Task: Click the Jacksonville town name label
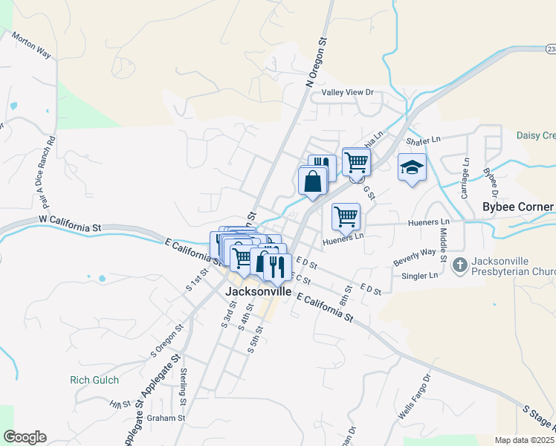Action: coord(258,293)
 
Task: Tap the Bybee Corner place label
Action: coord(517,207)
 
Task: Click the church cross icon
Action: coord(460,264)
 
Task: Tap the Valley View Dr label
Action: coord(346,92)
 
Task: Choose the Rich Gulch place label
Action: coord(90,380)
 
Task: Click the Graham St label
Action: coord(165,418)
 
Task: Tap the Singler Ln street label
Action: coord(420,277)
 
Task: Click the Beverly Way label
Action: coord(414,257)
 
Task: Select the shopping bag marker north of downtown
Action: coord(313,181)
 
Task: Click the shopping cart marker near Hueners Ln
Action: coord(346,216)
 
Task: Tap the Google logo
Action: coord(25,437)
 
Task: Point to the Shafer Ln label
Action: coord(423,139)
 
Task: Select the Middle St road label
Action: coord(442,237)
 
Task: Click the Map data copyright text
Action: coord(525,440)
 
